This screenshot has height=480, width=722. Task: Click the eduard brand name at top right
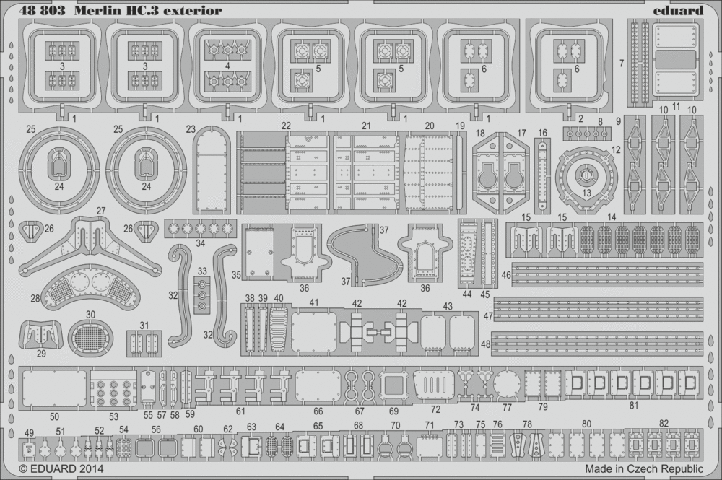pos(678,10)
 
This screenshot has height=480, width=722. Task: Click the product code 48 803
pos(42,11)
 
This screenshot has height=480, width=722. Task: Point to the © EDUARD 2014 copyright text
pos(61,469)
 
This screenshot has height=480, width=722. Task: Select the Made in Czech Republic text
pos(644,469)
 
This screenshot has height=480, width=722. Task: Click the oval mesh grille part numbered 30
pos(91,340)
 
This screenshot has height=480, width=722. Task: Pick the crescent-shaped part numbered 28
pos(90,289)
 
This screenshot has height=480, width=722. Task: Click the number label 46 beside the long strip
pos(505,275)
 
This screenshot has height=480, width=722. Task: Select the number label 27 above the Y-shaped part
pos(101,211)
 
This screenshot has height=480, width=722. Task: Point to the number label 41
pos(313,303)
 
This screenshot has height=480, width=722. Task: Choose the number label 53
pos(113,416)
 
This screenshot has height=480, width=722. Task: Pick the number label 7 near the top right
pos(622,63)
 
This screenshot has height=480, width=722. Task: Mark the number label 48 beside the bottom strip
pos(486,344)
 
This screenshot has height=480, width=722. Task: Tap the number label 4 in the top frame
pos(227,66)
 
